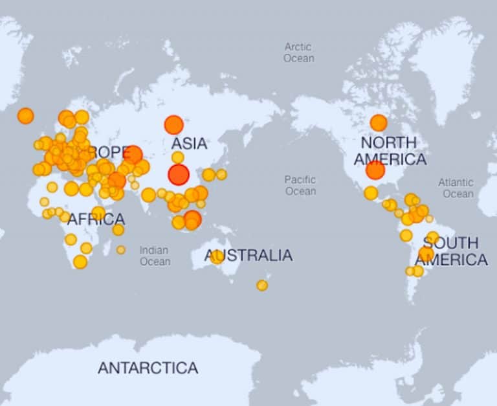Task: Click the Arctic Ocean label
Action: click(298, 52)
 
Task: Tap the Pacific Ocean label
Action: click(300, 185)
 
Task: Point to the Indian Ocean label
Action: click(155, 256)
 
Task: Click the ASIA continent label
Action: click(189, 143)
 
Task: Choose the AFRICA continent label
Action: click(96, 220)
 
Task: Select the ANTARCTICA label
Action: click(148, 368)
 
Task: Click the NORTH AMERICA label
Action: click(390, 150)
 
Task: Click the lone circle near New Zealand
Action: click(262, 285)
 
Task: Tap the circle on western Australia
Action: click(217, 257)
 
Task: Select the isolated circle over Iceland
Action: click(25, 116)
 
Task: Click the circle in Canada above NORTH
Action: click(379, 122)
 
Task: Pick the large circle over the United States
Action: click(375, 170)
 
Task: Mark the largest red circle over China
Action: click(179, 174)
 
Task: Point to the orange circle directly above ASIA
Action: click(173, 124)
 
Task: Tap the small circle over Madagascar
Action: click(121, 249)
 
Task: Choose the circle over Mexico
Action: click(371, 193)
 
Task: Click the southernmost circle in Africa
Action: click(80, 262)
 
